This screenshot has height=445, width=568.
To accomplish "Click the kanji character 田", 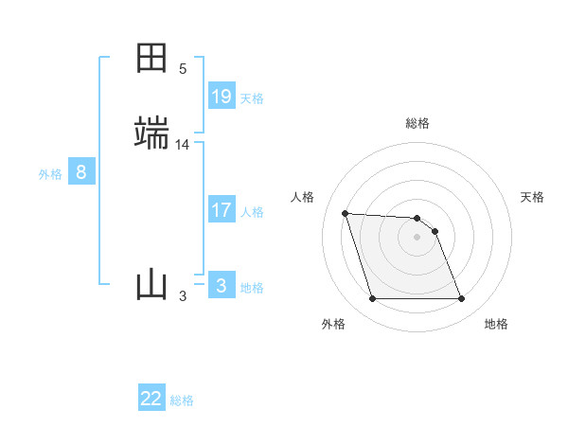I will click(x=152, y=58).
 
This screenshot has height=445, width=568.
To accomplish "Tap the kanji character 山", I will click(x=152, y=284).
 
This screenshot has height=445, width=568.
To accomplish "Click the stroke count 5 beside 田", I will click(x=183, y=69).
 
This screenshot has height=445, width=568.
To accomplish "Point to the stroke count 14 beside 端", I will click(x=183, y=145).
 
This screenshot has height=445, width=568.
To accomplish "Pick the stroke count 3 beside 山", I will click(x=183, y=296).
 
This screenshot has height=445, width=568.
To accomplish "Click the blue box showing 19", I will click(x=222, y=97).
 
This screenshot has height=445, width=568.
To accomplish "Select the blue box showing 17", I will click(x=222, y=210).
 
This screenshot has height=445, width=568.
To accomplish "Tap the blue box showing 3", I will click(x=222, y=286).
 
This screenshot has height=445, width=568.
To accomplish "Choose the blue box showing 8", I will click(x=81, y=172).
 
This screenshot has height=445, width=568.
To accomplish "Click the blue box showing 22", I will click(x=151, y=400).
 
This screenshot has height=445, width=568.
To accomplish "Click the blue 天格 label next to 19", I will click(x=252, y=98).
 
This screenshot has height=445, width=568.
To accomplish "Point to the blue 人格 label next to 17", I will click(x=252, y=212).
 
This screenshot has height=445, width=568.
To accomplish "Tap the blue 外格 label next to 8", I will click(x=50, y=174).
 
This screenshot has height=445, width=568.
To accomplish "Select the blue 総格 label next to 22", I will click(x=182, y=401).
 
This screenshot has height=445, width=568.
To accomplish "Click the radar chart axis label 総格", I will click(x=417, y=123).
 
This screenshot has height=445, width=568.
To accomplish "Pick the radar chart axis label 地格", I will click(x=496, y=325).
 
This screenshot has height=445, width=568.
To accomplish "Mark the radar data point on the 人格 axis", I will click(x=346, y=213).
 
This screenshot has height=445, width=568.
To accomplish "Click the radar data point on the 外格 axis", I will click(x=372, y=299).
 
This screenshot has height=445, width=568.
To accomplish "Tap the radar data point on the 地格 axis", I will click(x=462, y=299).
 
